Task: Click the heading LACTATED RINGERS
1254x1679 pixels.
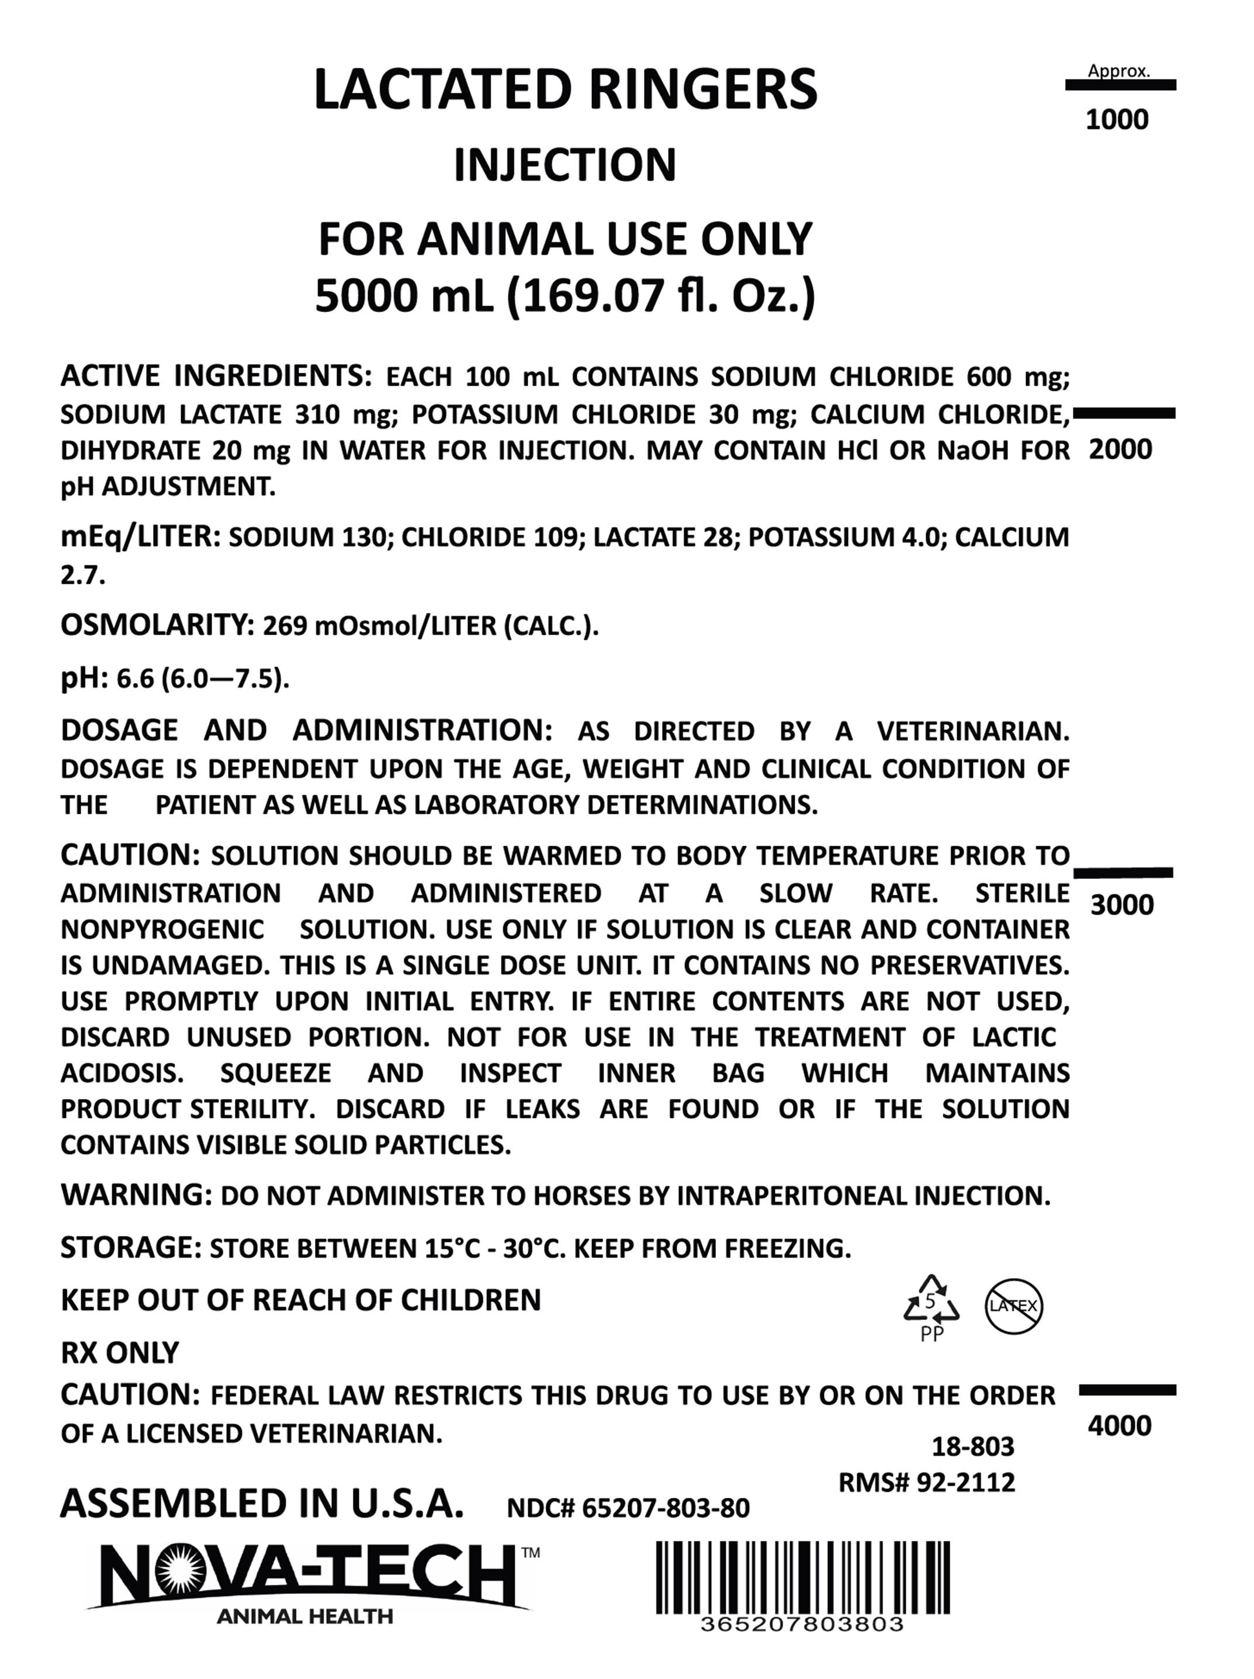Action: coord(566,89)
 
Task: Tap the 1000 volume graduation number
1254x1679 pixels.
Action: coord(1117,120)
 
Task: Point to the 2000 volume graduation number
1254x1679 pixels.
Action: coord(1120,449)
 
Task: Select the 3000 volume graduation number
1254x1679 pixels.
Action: coord(1122,905)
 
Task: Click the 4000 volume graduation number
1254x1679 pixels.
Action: coord(1120,1425)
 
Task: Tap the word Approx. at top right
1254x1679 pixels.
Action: coord(1119,71)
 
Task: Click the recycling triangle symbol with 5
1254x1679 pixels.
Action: coord(931,1304)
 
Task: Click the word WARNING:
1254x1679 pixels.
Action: coord(137,1195)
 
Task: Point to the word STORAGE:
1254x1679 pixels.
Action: coord(130,1248)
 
